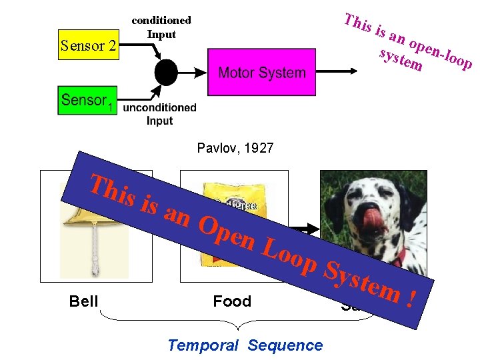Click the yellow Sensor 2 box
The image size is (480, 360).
pos(88,45)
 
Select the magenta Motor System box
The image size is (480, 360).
pos(261,72)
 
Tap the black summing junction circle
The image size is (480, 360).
pos(166,71)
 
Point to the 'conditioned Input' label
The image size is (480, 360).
pos(161,27)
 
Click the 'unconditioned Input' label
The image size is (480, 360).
pos(160,114)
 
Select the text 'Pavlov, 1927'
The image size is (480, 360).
pos(235,148)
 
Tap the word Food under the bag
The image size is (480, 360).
pos(232,302)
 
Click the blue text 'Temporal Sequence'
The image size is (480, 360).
pos(245,345)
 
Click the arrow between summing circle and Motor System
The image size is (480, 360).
pos(193,72)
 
